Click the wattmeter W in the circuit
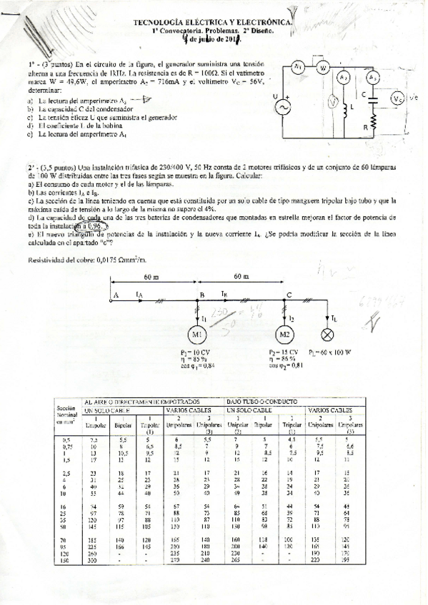pyautogui.click(x=322, y=68)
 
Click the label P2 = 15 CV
pyautogui.click(x=284, y=352)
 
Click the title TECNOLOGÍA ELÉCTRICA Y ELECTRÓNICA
pyautogui.click(x=213, y=23)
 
